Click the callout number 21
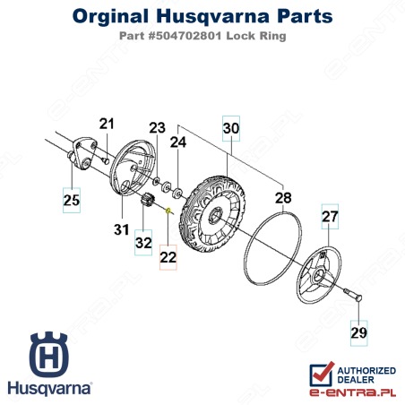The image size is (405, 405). tap(107, 124)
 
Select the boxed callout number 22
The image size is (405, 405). tap(168, 257)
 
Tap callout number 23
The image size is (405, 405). tap(157, 128)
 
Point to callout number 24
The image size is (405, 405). tap(178, 142)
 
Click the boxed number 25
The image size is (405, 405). tap(72, 200)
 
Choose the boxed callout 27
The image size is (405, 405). tap(330, 217)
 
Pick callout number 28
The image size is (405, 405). tap(283, 198)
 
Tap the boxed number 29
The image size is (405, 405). tap(358, 333)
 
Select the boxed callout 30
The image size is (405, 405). tap(231, 128)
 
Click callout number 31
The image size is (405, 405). tap(122, 229)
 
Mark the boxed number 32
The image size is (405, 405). tap(143, 243)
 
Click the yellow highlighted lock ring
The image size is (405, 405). tap(168, 211)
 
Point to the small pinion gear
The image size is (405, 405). tap(147, 199)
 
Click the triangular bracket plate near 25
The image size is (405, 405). tap(83, 153)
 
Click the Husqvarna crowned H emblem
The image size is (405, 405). tap(49, 354)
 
